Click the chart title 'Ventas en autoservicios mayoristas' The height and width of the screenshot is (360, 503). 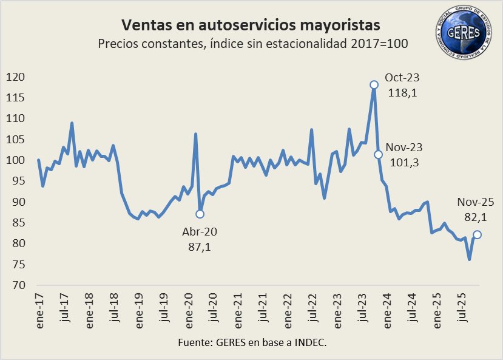pos(251,25)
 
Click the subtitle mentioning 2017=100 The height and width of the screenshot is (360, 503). pos(251,44)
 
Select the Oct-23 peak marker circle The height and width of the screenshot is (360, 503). pos(374,84)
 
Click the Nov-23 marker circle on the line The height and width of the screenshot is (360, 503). pos(378,154)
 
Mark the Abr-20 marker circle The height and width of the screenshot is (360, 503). pos(200,214)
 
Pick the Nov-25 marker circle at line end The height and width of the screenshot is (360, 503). pos(478,234)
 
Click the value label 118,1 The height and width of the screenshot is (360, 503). pos(402,93)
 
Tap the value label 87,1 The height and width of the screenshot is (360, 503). pos(200,246)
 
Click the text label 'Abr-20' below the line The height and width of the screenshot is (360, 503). pos(200,232)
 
